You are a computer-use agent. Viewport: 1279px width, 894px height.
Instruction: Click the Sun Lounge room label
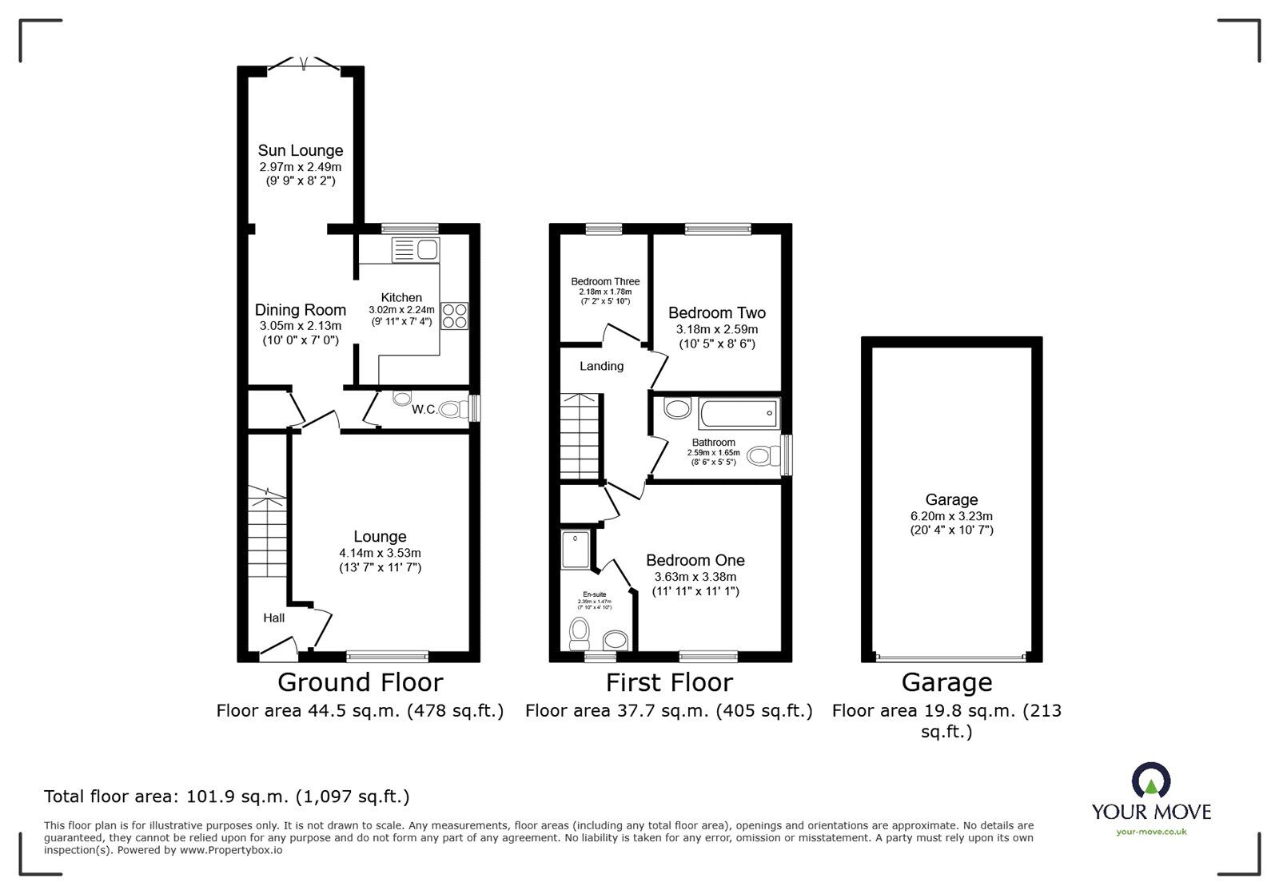pos(300,150)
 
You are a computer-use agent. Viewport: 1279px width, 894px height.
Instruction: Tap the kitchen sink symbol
pos(415,250)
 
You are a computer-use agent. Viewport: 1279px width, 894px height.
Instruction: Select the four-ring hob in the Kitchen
pos(455,315)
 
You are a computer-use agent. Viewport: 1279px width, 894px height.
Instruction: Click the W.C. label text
pos(424,410)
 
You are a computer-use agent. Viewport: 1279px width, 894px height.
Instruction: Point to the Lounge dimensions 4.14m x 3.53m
pos(380,553)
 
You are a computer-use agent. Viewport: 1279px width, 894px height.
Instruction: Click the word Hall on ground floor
pos(274,618)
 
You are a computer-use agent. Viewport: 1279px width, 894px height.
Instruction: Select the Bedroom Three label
pos(605,281)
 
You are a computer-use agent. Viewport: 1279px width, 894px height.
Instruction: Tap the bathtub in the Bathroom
pos(737,413)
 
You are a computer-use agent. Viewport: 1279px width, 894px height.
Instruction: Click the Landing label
pos(601,366)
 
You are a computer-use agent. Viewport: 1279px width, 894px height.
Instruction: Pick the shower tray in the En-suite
pos(576,550)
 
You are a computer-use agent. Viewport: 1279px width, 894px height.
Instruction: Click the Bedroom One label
pos(695,560)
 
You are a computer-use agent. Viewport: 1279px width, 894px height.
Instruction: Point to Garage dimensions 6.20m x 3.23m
pos(951,516)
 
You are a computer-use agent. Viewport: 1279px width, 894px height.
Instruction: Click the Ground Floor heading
pos(360,682)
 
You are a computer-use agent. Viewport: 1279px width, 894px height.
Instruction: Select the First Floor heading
pos(669,682)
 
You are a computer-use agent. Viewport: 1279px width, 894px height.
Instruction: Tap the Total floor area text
pos(227,797)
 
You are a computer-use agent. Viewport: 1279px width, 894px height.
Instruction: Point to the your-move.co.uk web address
pos(1151,832)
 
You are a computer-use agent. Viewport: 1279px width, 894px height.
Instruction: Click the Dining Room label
pos(301,310)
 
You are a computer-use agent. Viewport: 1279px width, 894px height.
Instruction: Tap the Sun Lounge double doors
pos(305,63)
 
